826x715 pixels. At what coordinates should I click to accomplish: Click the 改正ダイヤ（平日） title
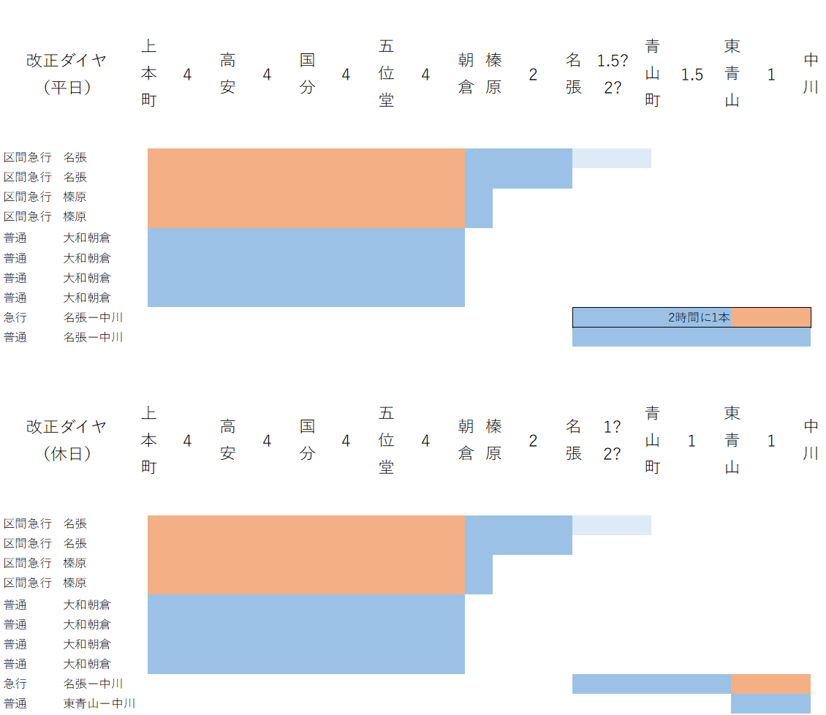click(67, 74)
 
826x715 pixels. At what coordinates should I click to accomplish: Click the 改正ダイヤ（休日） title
click(67, 440)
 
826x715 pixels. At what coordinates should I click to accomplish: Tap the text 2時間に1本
click(699, 317)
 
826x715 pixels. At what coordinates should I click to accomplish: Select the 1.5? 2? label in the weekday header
click(613, 74)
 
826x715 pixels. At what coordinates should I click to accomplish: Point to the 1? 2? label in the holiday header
click(613, 440)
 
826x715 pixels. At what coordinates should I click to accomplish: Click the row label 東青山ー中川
click(99, 703)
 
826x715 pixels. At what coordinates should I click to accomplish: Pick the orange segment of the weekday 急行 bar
click(770, 317)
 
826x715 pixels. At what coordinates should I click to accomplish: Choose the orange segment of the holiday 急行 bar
click(770, 684)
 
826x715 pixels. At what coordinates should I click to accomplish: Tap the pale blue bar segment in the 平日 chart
click(612, 158)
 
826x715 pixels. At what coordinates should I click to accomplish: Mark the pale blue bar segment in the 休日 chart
click(612, 525)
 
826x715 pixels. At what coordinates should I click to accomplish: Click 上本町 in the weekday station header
click(148, 74)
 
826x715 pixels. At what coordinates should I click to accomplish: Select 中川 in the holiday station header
click(811, 440)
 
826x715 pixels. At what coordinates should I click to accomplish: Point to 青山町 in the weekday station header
click(653, 74)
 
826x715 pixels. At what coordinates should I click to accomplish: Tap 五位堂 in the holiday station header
click(387, 440)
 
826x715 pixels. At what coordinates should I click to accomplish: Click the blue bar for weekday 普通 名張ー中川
click(691, 337)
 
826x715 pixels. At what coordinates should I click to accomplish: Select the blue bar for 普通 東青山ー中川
click(770, 703)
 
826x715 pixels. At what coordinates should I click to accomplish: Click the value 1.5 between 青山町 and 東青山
click(692, 75)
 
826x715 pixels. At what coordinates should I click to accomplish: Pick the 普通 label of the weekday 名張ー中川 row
click(15, 337)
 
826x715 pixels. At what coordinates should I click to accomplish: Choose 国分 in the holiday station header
click(307, 440)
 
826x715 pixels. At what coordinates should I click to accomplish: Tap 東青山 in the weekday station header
click(732, 74)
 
